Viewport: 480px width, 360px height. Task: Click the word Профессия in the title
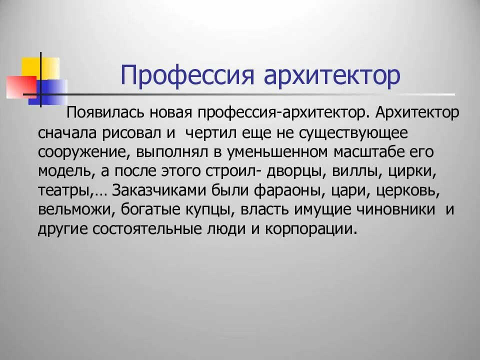click(187, 75)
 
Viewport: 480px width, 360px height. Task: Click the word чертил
click(207, 133)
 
